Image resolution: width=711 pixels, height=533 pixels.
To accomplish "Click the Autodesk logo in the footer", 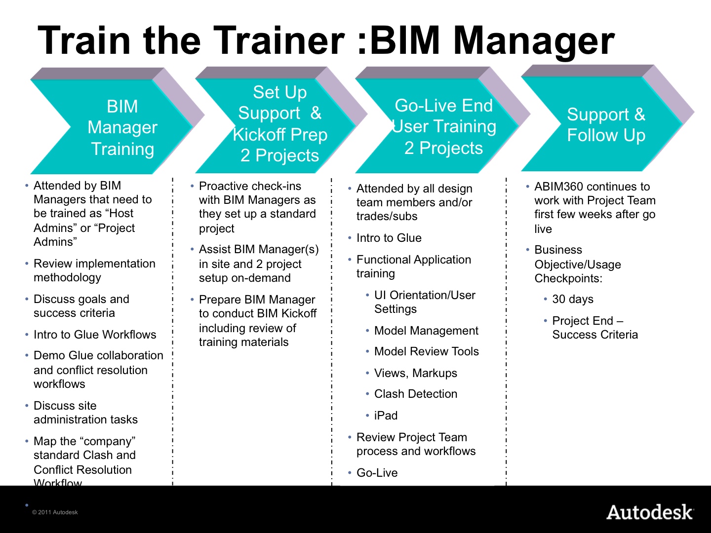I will [650, 512].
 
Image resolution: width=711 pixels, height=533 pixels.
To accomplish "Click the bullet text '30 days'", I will [573, 299].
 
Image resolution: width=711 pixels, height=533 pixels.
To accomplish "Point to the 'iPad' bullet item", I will [386, 416].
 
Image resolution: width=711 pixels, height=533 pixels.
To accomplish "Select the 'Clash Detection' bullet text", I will [416, 394].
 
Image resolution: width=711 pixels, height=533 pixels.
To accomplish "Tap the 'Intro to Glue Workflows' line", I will [95, 335].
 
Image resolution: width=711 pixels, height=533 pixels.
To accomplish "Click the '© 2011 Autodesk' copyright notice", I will [55, 512].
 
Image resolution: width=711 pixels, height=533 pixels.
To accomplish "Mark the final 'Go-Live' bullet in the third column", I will [377, 473].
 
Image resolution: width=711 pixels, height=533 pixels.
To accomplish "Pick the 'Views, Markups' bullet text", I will [416, 373].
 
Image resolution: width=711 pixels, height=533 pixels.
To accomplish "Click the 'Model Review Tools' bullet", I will [427, 351].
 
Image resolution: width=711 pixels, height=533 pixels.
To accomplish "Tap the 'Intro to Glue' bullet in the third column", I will [389, 238].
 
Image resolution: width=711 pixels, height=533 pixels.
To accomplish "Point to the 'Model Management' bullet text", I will [427, 331].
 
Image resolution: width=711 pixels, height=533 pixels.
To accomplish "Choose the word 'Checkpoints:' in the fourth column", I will [568, 278].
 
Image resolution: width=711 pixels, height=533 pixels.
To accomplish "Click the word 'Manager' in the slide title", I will [534, 40].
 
